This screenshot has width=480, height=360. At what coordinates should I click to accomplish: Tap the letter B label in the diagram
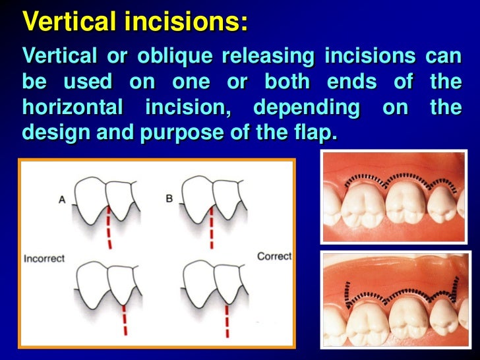(x=169, y=198)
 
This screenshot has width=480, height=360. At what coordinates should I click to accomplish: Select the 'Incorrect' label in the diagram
(x=44, y=258)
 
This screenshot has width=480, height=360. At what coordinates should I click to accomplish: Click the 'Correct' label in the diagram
(x=274, y=256)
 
